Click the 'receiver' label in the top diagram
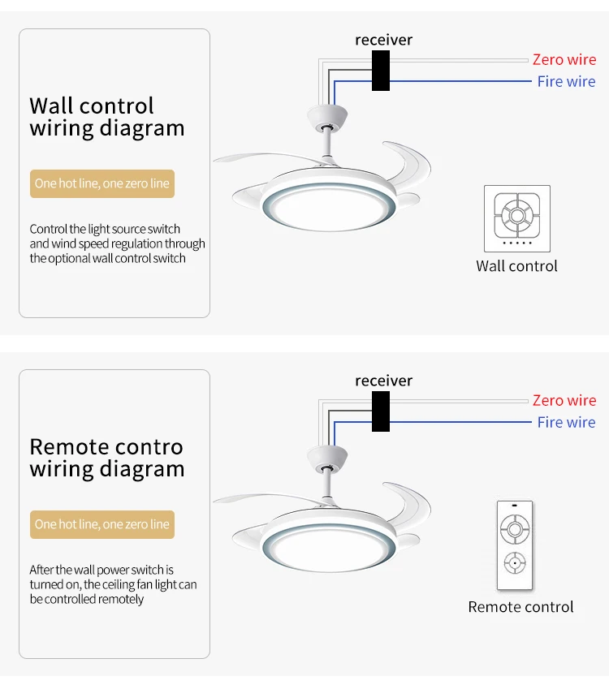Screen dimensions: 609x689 point(383,40)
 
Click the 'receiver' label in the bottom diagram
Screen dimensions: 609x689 point(383,381)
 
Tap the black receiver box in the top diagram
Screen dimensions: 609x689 point(381,71)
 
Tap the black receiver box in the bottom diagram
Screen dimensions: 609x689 point(381,411)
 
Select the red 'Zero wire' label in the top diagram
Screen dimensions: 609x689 point(564,59)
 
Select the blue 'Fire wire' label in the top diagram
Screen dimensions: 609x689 point(566,81)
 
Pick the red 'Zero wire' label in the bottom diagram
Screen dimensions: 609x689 point(564,400)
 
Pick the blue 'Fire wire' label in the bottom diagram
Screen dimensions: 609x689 point(566,422)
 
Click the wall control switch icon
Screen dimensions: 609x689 point(517,218)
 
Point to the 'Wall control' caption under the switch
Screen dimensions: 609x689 point(516,266)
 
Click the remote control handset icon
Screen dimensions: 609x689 point(515,545)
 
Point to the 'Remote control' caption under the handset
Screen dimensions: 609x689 point(520,607)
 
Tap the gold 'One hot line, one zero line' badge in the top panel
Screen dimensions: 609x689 point(102,183)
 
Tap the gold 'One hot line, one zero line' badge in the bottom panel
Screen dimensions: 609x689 point(102,524)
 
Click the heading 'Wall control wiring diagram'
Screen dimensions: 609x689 point(107,117)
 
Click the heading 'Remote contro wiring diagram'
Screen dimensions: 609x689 point(107,458)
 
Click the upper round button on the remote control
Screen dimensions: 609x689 point(515,528)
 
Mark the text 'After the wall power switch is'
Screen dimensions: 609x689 point(101,570)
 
